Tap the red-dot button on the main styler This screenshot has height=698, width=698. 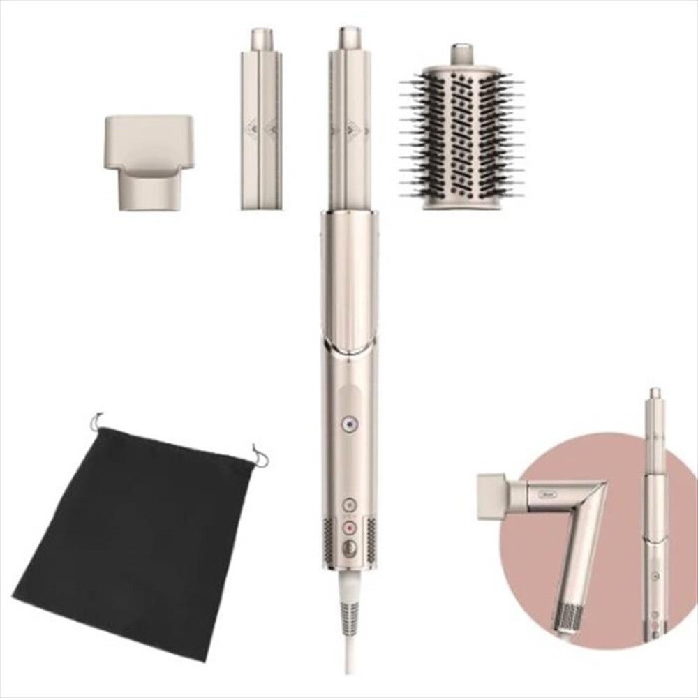tap(349, 528)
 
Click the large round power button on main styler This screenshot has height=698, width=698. tap(349, 549)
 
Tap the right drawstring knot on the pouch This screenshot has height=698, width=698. tap(260, 457)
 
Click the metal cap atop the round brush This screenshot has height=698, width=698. tap(461, 53)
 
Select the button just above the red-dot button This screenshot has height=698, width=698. tap(349, 504)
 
